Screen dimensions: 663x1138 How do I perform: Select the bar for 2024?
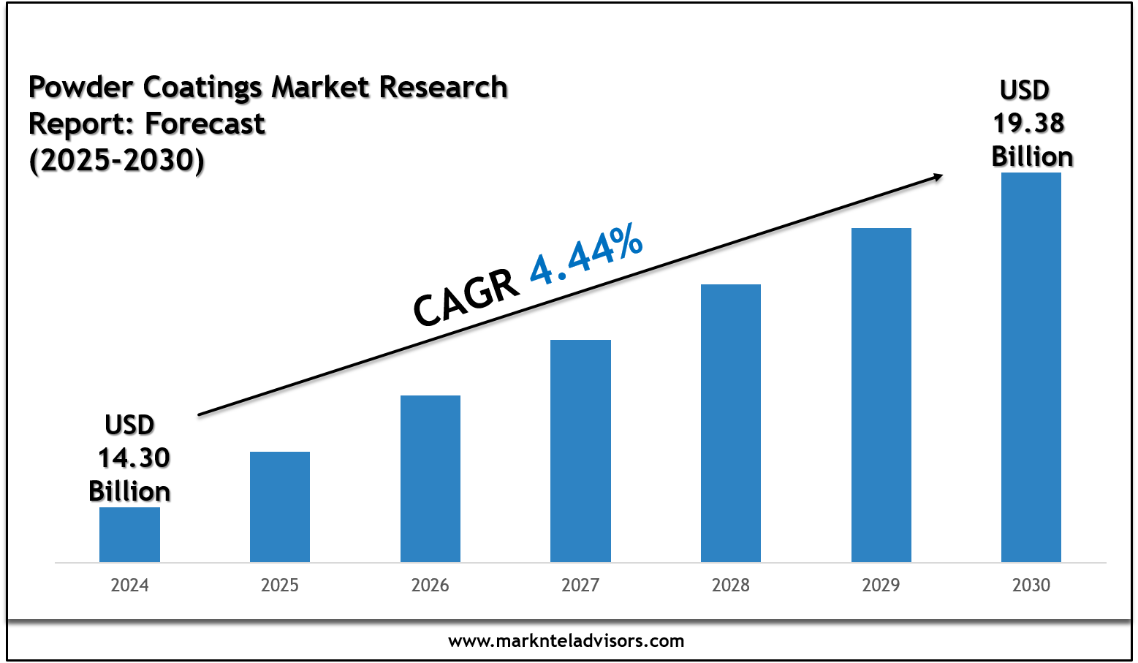coord(129,534)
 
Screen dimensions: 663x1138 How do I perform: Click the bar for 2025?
coord(280,507)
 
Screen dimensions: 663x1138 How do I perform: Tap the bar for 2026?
coord(430,479)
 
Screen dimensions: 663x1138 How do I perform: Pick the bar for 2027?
coord(580,451)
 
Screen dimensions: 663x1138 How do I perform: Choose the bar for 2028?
coord(731,423)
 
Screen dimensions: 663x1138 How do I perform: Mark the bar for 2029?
coord(881,395)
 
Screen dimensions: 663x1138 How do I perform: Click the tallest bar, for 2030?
coord(1031,367)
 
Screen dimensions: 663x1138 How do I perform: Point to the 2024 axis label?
coord(129,586)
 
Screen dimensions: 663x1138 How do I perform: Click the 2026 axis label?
coord(430,586)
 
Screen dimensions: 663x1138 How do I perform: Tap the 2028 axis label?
coord(731,586)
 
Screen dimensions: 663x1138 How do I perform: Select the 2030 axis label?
coord(1031,586)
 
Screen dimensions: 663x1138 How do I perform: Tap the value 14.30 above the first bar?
coord(134,458)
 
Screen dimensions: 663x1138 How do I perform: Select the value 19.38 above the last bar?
coord(1028,124)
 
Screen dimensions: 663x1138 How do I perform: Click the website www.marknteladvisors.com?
coord(566,642)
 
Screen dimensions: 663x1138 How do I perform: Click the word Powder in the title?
coord(81,88)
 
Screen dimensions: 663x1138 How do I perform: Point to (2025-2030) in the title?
coord(117,160)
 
